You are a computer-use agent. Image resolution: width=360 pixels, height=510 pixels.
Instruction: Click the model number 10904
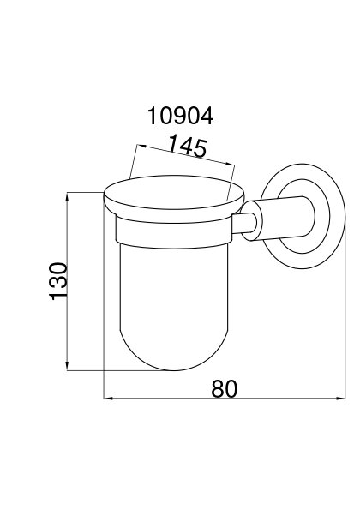tap(180, 116)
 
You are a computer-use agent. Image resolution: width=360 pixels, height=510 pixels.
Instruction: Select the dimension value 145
tap(189, 147)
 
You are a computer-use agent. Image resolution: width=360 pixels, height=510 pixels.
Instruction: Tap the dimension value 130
tap(58, 281)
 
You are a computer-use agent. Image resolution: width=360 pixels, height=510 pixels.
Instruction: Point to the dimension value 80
tap(225, 388)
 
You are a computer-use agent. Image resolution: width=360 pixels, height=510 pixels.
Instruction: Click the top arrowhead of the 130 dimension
tap(67, 196)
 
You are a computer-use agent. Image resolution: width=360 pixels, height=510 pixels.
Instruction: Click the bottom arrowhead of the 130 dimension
tap(67, 366)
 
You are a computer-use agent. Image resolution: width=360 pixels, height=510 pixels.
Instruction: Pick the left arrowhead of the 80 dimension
tap(108, 398)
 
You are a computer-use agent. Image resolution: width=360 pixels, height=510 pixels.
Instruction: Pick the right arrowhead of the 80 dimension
tap(340, 398)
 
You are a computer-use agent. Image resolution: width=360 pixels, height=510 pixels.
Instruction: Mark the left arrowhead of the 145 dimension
tap(142, 147)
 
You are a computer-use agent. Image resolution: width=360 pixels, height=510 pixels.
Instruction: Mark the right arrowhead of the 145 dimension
tap(230, 165)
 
